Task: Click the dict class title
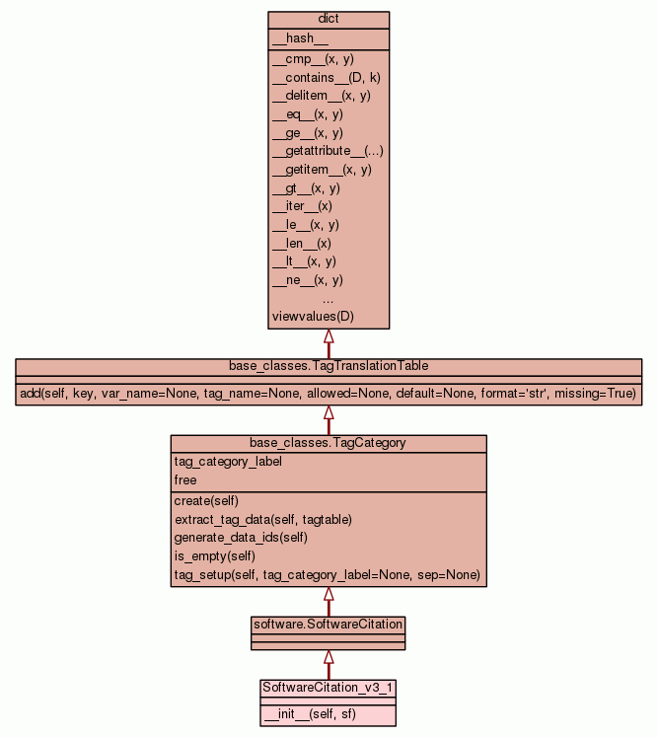pos(329,20)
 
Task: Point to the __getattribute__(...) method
pos(328,151)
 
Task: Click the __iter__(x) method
pos(302,206)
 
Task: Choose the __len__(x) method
pos(301,243)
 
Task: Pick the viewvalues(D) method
pos(313,317)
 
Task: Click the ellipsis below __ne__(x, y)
pos(329,298)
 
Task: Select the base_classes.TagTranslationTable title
pos(329,366)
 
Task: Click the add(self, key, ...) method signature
pos(329,394)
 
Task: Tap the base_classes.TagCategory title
pos(328,443)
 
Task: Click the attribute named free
pos(185,480)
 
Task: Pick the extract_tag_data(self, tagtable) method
pos(263,519)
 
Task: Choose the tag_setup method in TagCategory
pos(327,575)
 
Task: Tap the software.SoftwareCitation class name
pos(329,625)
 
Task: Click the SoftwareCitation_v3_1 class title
pos(329,687)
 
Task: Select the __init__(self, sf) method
pos(310,714)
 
